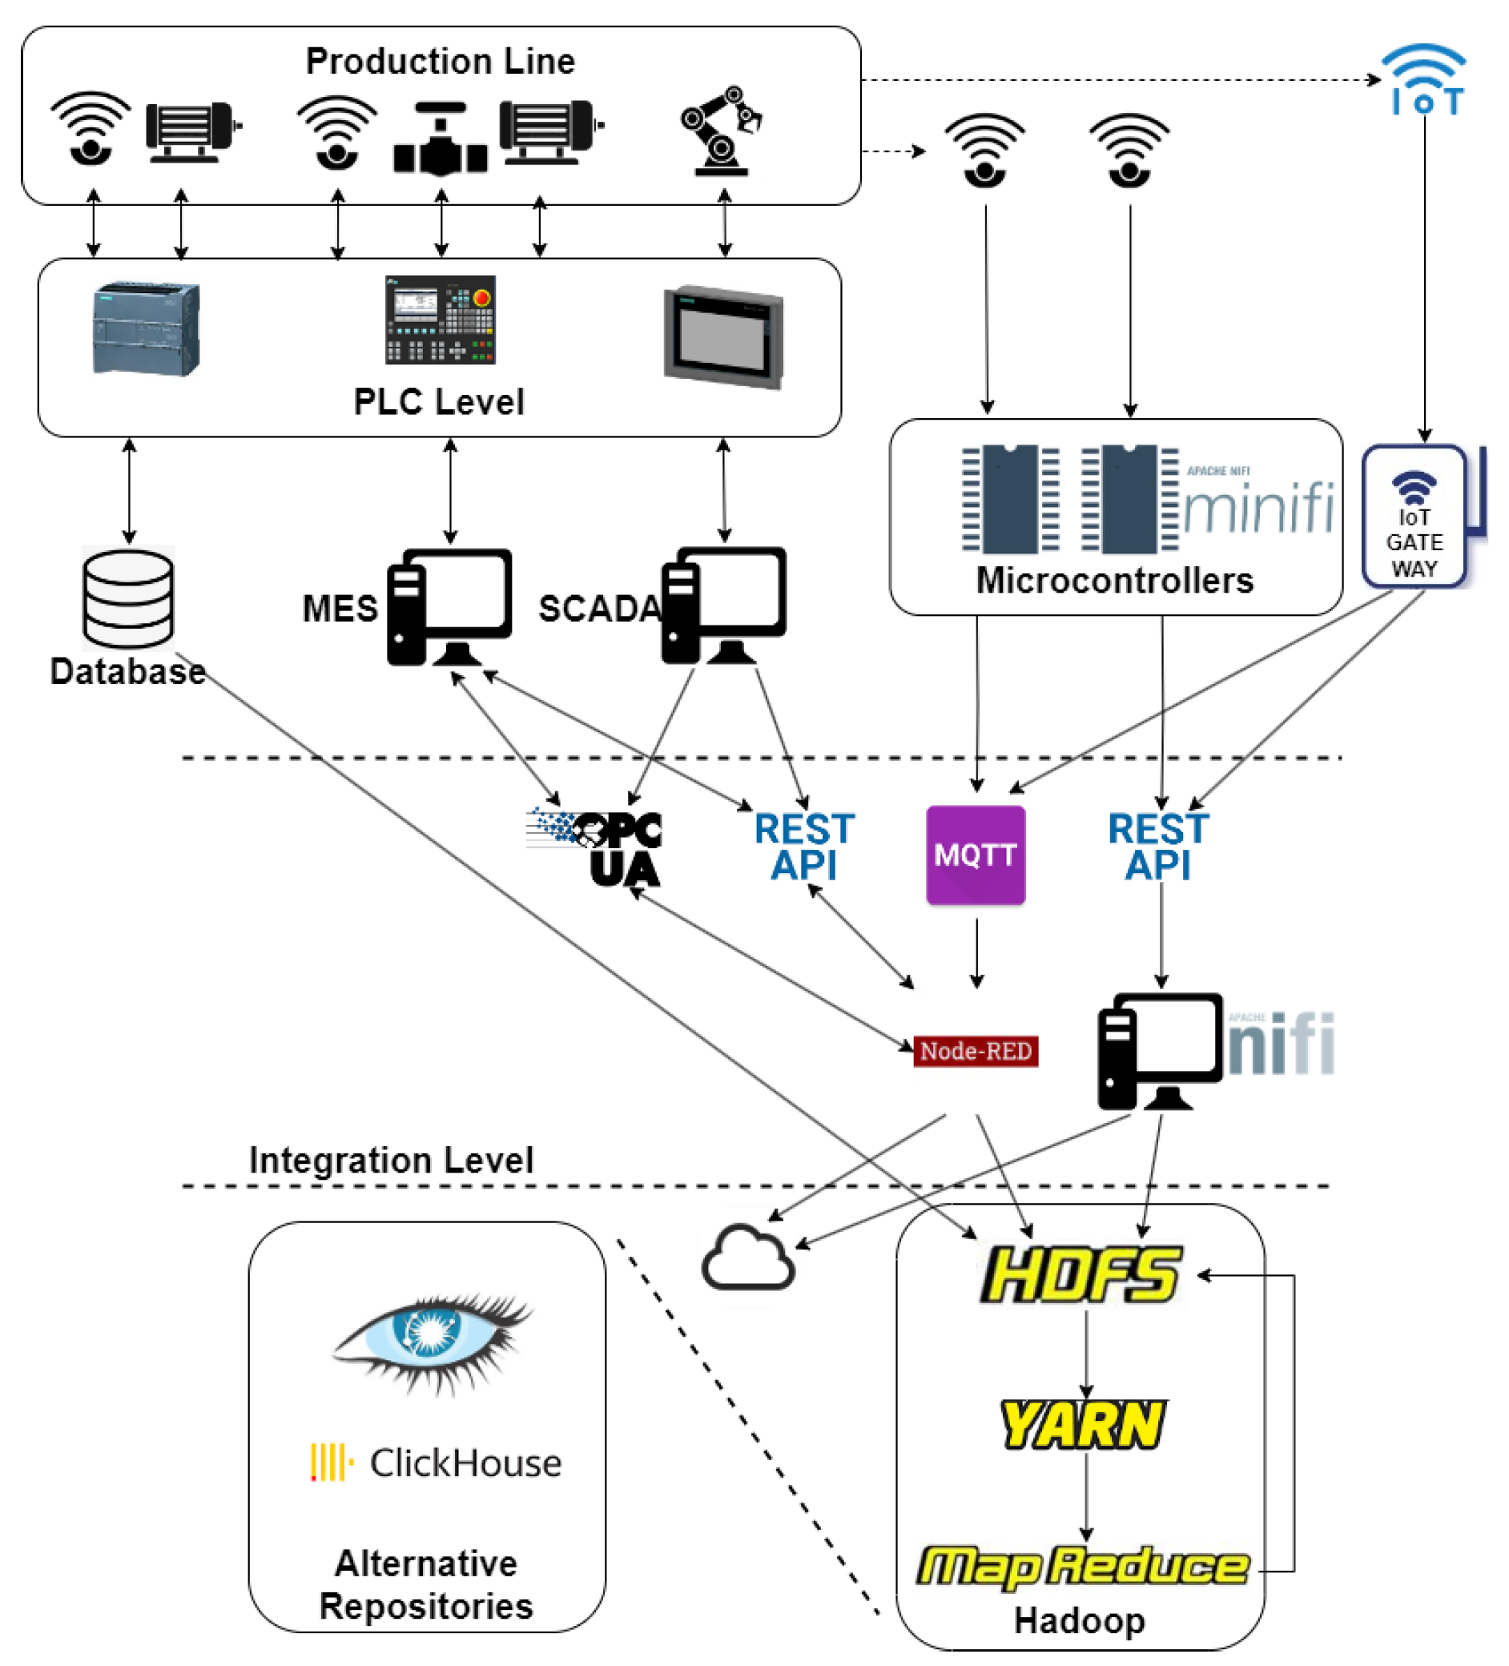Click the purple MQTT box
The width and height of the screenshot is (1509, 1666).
click(x=975, y=855)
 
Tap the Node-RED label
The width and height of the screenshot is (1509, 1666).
click(x=975, y=1050)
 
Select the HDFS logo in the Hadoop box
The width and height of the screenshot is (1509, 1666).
click(x=1081, y=1275)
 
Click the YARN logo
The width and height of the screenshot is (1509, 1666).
click(x=1083, y=1424)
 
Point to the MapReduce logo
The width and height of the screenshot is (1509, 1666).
click(x=1083, y=1567)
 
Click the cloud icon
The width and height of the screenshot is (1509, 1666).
click(x=748, y=1258)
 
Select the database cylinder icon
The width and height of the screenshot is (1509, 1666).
click(x=128, y=599)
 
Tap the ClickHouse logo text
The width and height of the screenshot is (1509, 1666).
click(x=465, y=1463)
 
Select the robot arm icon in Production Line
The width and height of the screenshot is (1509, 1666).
click(x=722, y=131)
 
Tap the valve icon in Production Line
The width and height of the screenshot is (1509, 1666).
click(x=440, y=140)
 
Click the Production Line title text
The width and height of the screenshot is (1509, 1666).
click(x=440, y=61)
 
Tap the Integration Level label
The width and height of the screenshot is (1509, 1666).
click(x=391, y=1161)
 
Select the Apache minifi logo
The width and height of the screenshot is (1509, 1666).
click(x=1257, y=503)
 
